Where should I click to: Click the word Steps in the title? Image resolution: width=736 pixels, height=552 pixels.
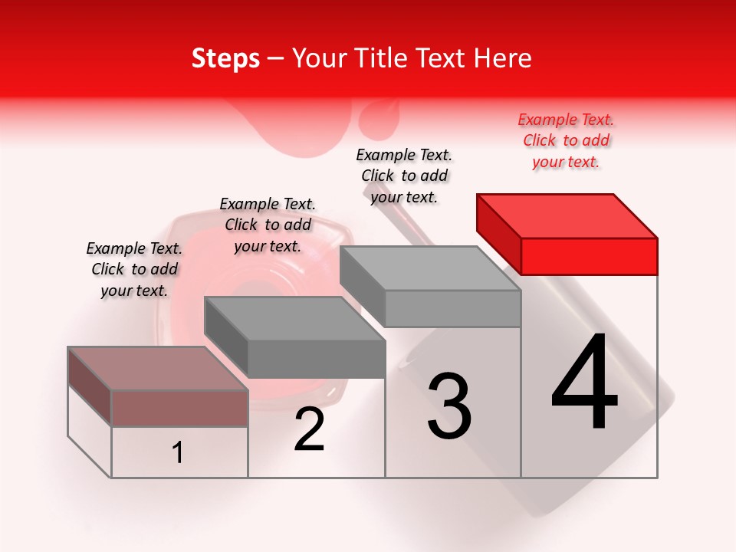(225, 58)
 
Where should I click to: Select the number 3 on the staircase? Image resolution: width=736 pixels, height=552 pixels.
(449, 406)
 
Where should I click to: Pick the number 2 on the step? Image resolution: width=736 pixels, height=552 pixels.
(309, 430)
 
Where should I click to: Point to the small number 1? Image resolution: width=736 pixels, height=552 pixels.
(178, 452)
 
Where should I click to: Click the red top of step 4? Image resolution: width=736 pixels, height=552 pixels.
(567, 215)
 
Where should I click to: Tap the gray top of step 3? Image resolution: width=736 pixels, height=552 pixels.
(429, 268)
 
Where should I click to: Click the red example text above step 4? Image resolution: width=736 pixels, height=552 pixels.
(566, 140)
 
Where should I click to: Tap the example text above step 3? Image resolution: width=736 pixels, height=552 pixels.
(404, 176)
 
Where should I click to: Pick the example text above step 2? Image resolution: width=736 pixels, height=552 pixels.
(268, 225)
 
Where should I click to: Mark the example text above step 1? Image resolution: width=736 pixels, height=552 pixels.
(134, 269)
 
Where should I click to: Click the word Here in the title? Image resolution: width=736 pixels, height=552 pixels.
(504, 58)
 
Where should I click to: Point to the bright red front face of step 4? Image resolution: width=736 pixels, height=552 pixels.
(589, 256)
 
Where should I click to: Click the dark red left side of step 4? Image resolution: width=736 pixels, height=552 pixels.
(498, 234)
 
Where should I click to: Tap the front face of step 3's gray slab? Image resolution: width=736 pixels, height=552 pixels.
(452, 308)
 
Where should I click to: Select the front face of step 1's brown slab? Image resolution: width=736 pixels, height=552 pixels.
(179, 408)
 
